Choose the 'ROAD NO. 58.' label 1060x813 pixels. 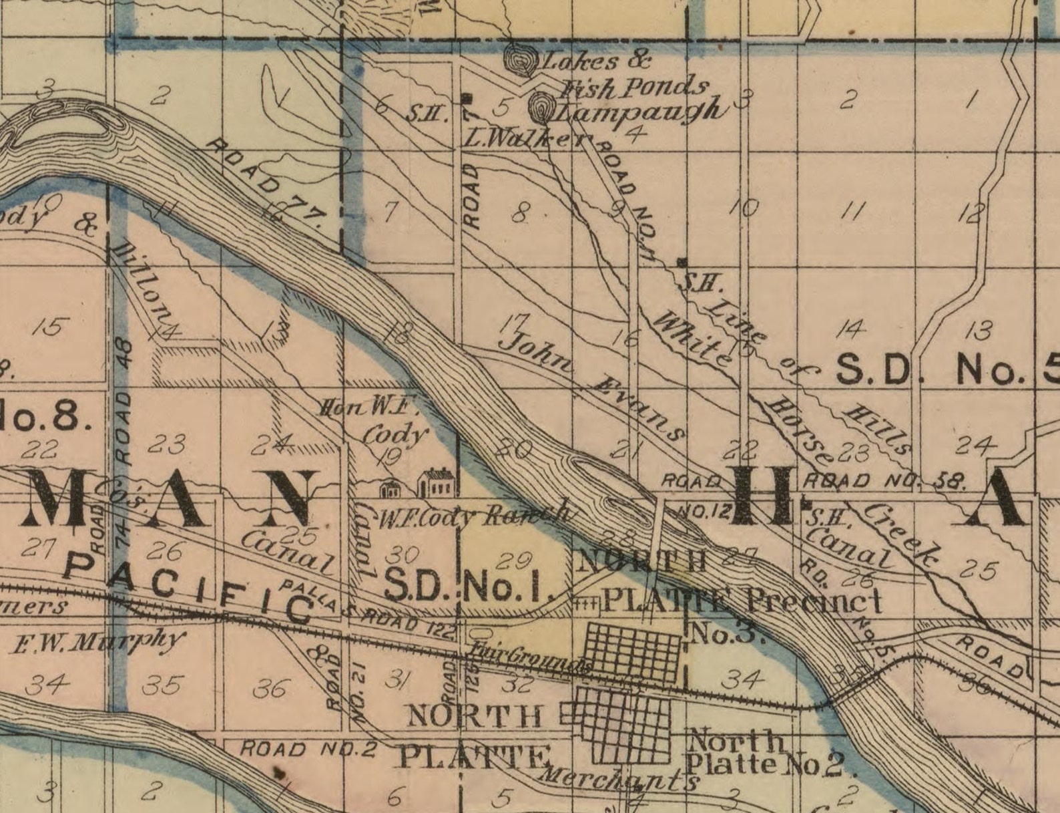coord(884,480)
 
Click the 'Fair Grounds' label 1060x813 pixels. coord(530,657)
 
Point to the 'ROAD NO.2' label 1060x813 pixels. coord(308,748)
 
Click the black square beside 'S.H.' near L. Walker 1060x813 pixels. coord(466,99)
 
